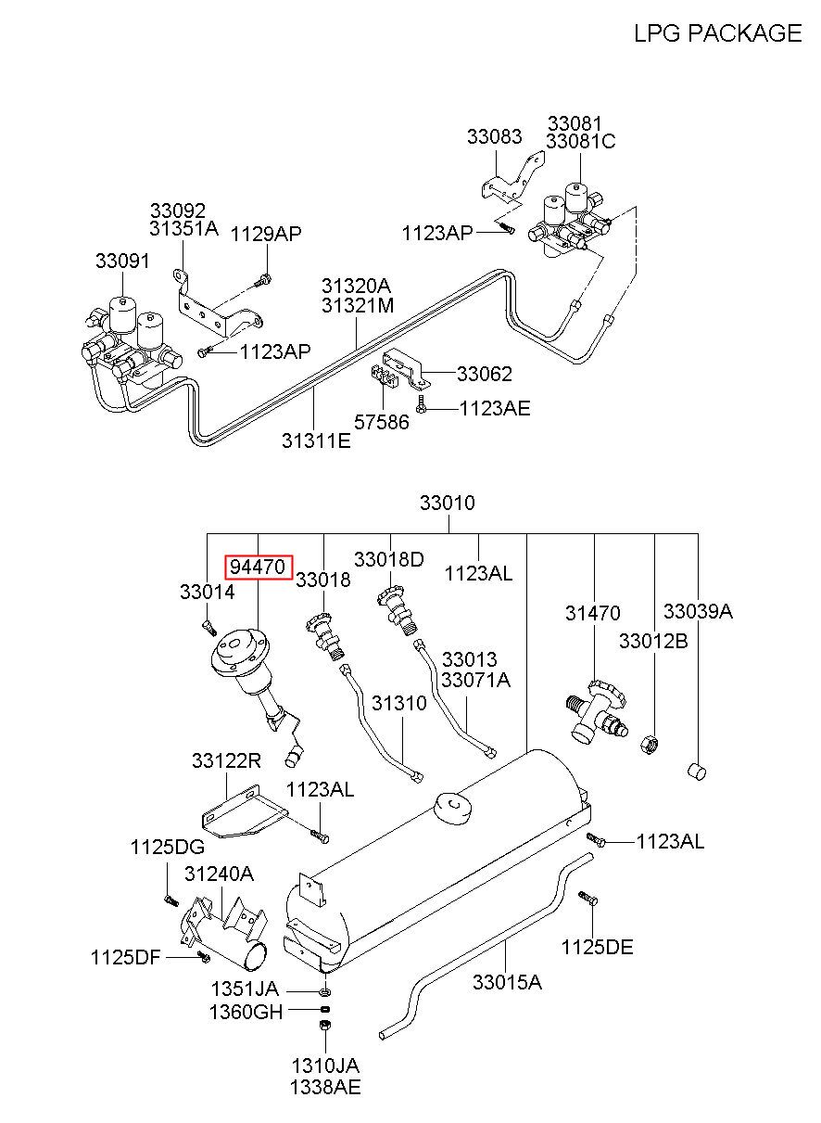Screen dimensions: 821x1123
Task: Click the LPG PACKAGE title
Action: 717,33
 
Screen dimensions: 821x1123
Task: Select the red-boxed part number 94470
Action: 258,567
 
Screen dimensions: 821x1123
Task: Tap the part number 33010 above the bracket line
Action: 448,503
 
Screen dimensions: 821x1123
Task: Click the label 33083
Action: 495,136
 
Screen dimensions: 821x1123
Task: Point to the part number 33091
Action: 122,261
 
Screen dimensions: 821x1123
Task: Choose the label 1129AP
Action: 266,234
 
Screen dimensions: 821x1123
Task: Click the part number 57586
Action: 382,422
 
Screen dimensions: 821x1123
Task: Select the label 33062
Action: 485,374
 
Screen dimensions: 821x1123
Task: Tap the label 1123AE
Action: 495,409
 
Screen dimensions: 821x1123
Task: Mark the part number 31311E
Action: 316,440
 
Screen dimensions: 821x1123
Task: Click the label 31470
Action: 592,613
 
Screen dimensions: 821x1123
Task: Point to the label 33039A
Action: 698,611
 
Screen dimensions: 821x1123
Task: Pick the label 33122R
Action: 226,761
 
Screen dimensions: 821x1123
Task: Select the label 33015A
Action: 507,982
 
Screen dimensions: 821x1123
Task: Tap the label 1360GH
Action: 246,1013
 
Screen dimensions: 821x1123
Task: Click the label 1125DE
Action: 597,947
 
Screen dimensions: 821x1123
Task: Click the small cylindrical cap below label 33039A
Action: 696,772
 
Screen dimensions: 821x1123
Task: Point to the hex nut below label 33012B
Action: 650,744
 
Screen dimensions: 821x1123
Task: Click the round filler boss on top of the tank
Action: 452,807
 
